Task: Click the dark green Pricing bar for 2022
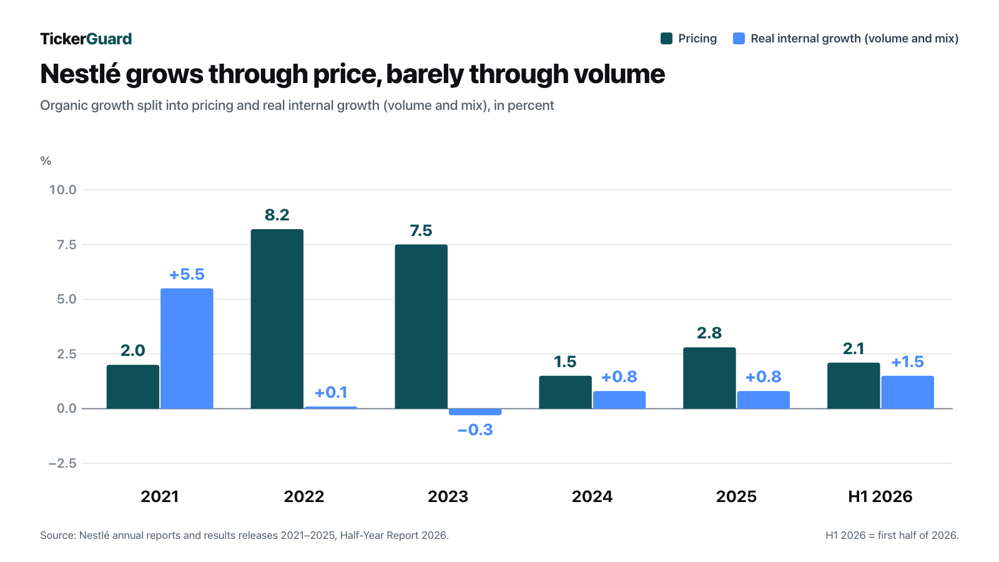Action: point(277,319)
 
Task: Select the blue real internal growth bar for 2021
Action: point(187,348)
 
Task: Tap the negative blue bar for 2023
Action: point(475,412)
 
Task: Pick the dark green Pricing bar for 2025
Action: point(709,378)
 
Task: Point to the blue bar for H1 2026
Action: point(908,392)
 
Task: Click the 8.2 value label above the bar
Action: point(277,215)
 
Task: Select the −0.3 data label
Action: point(475,430)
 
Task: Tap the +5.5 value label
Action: point(187,274)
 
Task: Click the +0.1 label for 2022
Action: point(331,393)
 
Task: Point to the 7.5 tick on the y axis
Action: point(66,244)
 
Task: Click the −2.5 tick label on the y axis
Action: point(62,463)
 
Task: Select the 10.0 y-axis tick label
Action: point(63,190)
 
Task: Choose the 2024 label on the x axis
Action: point(593,496)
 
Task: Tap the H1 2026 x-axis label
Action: point(880,496)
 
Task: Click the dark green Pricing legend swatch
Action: point(666,38)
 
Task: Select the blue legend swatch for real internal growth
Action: point(739,38)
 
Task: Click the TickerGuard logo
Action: point(86,39)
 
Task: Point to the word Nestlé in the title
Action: point(81,74)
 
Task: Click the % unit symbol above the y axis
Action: point(46,161)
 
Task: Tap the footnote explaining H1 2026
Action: point(892,535)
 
